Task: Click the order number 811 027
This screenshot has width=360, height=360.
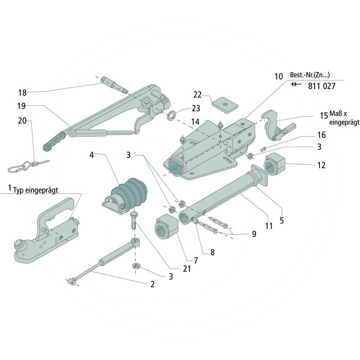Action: (x=322, y=86)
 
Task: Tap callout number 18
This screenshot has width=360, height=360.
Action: (x=22, y=93)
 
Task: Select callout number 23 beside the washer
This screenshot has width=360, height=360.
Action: (x=196, y=108)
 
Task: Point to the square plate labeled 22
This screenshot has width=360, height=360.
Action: (x=225, y=104)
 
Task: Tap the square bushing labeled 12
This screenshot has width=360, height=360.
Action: (x=274, y=164)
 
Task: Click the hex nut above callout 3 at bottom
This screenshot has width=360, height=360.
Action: (x=137, y=266)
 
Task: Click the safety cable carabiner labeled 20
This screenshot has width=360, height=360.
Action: (x=28, y=166)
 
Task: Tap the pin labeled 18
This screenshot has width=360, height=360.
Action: (x=114, y=85)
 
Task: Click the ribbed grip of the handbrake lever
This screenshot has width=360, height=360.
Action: (x=54, y=140)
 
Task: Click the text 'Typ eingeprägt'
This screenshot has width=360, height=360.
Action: (x=36, y=190)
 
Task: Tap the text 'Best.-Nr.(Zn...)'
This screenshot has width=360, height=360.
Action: (x=310, y=75)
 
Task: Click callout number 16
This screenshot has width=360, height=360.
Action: (x=321, y=135)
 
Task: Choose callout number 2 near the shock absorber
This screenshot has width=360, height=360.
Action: (x=153, y=284)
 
